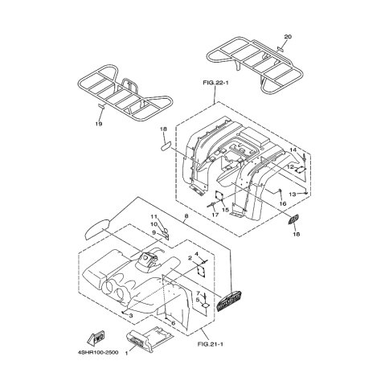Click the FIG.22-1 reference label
tap(215, 83)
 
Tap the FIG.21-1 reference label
tap(211, 344)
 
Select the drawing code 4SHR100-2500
tap(99, 352)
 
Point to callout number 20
tap(288, 37)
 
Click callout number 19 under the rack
tap(99, 124)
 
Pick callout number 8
tap(186, 216)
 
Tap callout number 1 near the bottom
tap(126, 354)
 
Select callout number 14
tap(293, 149)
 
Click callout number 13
tap(293, 194)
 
